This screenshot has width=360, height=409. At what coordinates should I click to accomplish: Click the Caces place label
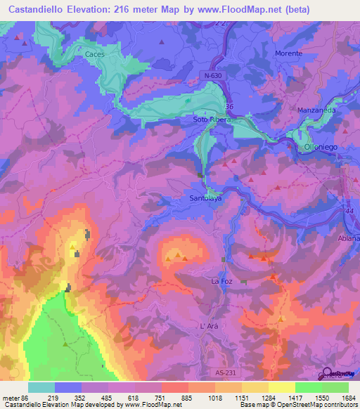coord(94,53)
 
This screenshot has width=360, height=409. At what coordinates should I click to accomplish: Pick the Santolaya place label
coord(205,199)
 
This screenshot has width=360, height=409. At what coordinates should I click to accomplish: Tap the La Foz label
coord(221,281)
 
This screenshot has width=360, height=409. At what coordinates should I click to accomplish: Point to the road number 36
coord(229,107)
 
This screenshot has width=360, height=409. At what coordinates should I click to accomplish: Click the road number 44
coord(349,211)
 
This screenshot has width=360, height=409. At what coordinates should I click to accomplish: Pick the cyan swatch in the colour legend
coord(41,387)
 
